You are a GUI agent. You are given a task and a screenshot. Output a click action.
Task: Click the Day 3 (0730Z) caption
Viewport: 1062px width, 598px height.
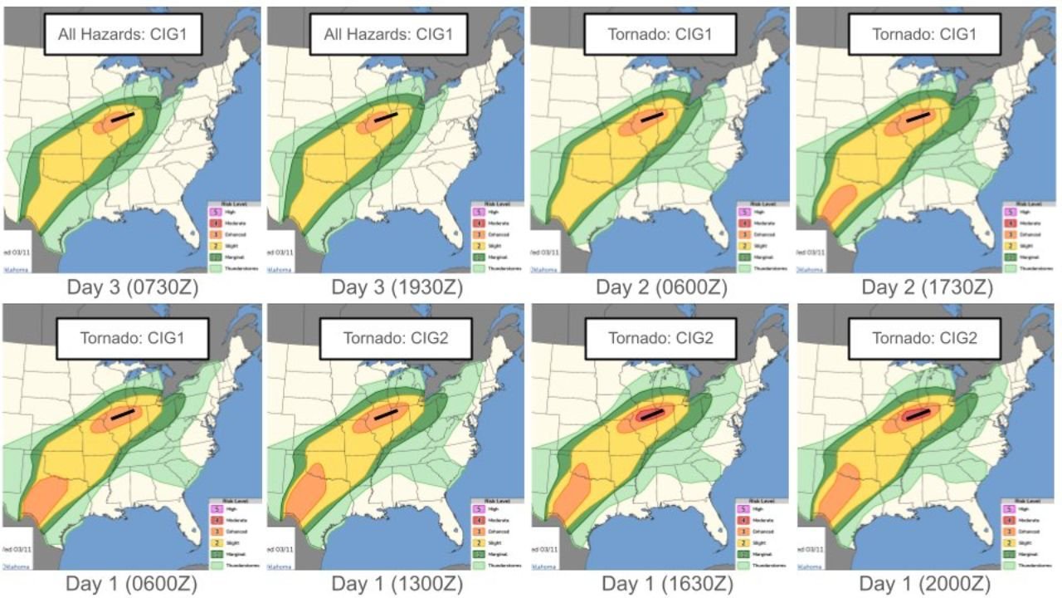click(133, 287)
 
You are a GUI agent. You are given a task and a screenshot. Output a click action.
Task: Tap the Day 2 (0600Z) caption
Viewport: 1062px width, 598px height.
click(661, 287)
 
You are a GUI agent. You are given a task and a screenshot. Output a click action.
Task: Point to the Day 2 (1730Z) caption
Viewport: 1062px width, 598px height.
click(927, 287)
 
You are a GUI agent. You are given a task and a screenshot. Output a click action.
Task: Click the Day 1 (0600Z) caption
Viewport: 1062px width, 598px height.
click(133, 584)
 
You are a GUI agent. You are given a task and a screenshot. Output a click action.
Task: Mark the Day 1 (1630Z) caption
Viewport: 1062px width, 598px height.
click(661, 584)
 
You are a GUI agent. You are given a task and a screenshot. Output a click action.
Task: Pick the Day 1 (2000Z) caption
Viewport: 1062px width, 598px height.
click(927, 584)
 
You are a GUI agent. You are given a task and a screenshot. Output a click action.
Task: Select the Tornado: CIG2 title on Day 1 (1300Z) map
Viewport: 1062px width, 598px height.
click(394, 338)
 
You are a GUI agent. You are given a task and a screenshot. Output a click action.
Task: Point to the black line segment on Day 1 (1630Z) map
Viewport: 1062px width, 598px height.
click(651, 414)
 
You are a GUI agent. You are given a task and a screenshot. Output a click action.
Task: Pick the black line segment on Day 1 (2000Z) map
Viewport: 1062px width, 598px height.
click(917, 414)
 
